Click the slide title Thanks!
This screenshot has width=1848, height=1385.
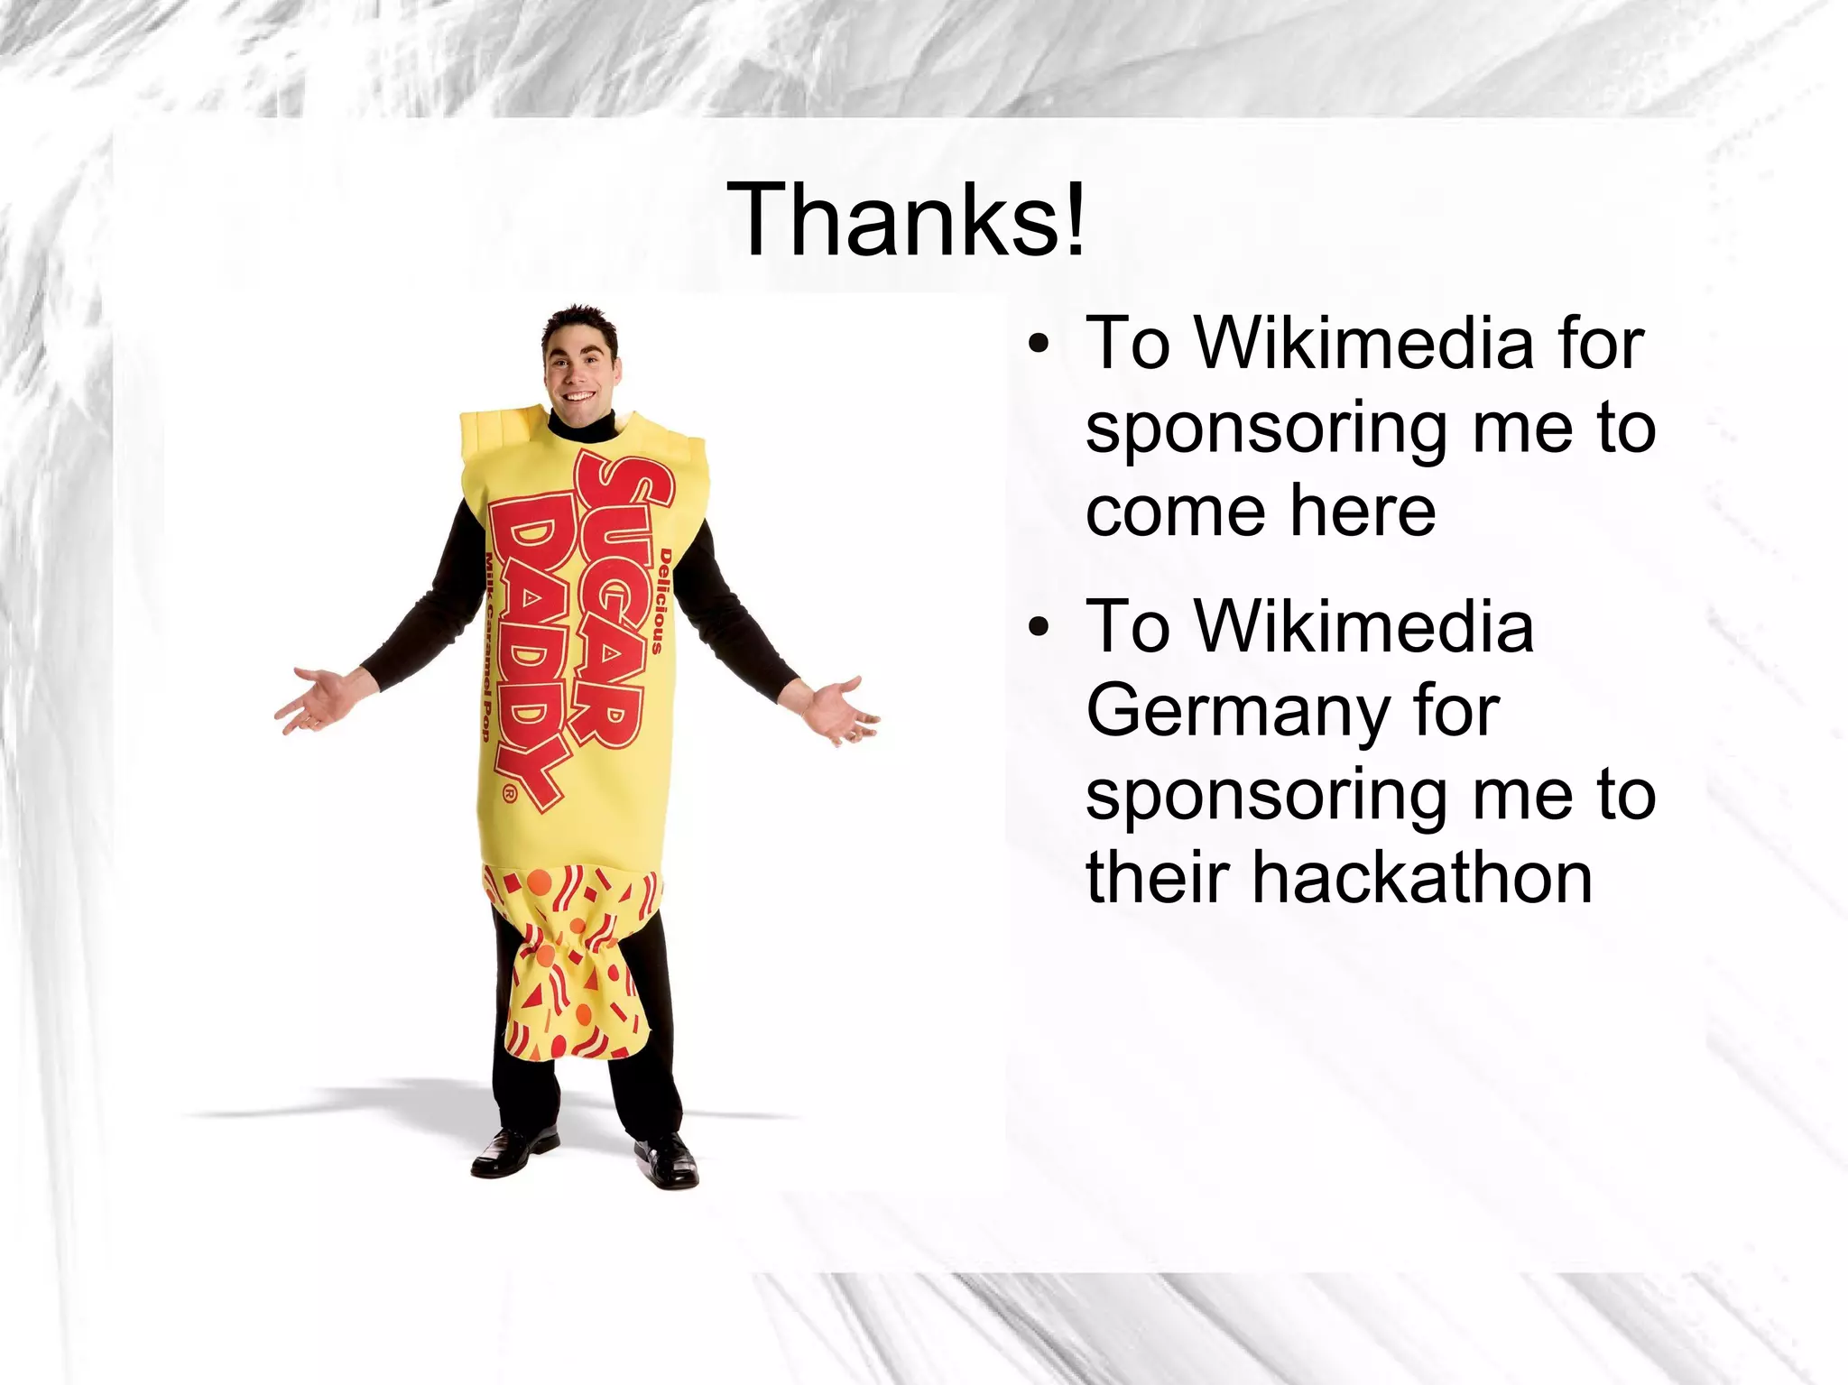click(906, 220)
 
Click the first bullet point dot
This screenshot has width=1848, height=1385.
click(1039, 344)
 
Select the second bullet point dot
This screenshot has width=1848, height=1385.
click(1039, 626)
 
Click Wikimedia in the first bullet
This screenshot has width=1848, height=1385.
click(1363, 344)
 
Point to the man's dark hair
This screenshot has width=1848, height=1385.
click(581, 321)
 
